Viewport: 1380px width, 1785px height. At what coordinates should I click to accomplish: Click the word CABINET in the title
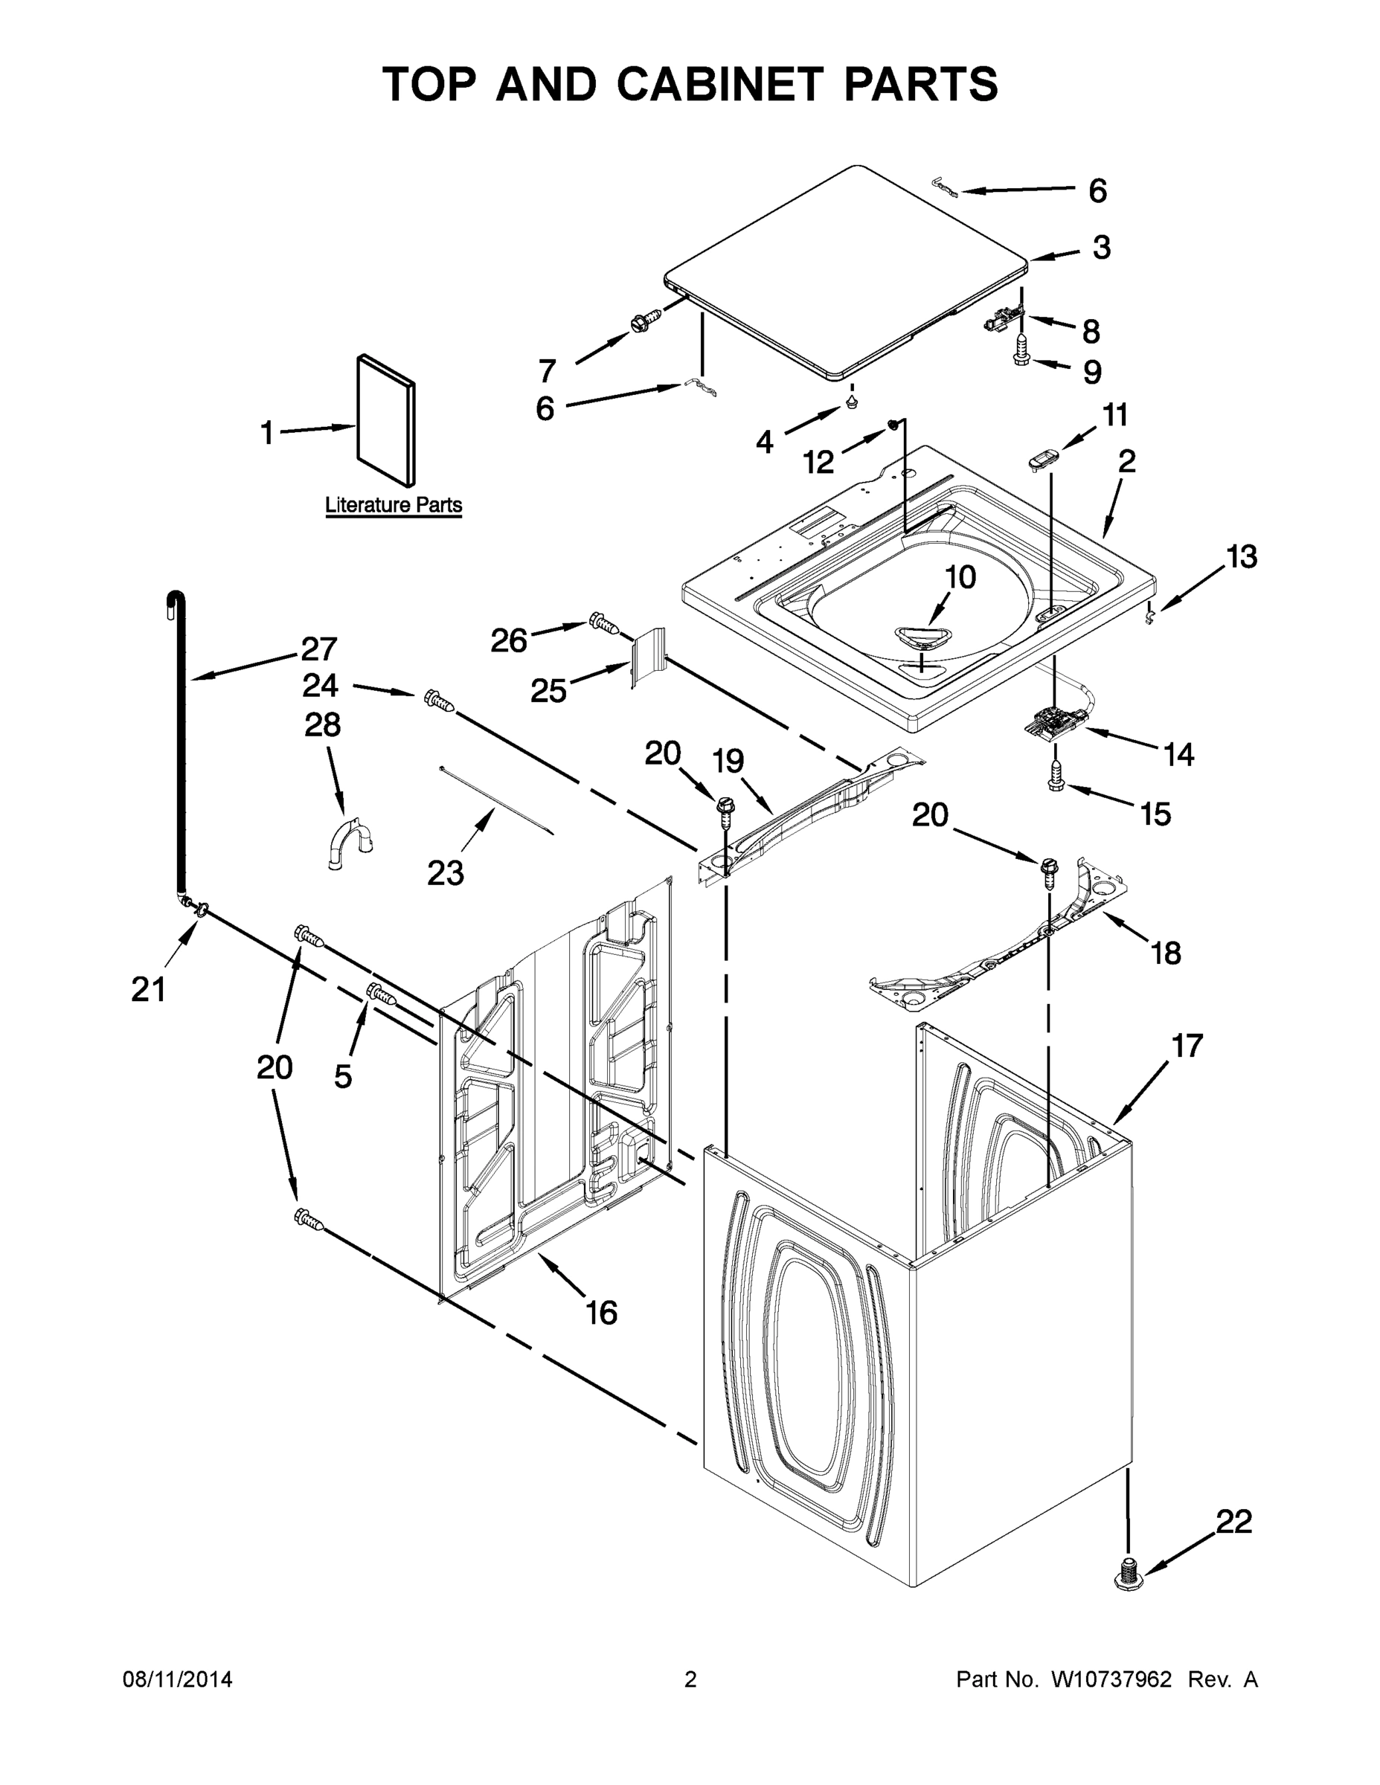tap(719, 85)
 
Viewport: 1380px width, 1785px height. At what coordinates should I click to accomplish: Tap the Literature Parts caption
tap(394, 505)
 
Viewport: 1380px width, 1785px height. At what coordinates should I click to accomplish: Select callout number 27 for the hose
tap(318, 649)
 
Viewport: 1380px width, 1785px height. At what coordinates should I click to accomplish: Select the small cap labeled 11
tap(1043, 460)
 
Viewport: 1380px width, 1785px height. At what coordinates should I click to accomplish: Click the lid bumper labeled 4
tap(852, 402)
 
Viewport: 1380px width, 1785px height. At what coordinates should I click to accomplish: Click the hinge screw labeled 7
tap(646, 321)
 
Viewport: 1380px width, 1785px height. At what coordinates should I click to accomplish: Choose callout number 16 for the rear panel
tap(602, 1313)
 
